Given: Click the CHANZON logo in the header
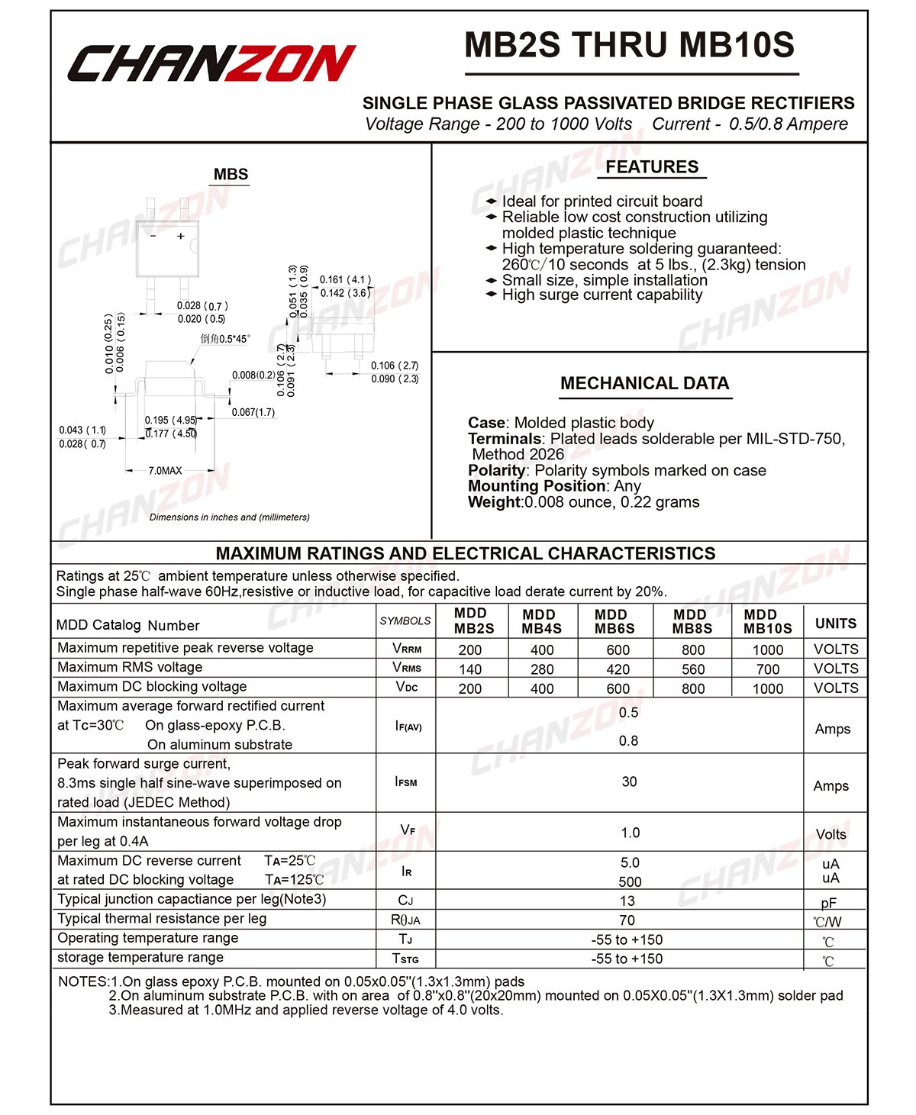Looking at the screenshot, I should (x=211, y=63).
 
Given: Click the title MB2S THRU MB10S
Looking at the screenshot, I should (x=630, y=45).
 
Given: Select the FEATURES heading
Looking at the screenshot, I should (x=652, y=167).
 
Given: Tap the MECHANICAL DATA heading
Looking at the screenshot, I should (x=644, y=383).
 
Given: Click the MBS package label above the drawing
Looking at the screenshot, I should (x=231, y=175).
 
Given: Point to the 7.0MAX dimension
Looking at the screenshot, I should (x=165, y=471).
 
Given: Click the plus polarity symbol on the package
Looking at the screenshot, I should (x=181, y=237).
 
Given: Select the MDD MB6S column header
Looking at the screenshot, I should (x=614, y=621).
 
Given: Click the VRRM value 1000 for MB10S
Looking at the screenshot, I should (x=767, y=649).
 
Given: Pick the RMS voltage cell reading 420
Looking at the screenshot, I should (x=618, y=669).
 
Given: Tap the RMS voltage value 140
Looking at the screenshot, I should (x=470, y=669).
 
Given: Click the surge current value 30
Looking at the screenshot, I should (x=629, y=781).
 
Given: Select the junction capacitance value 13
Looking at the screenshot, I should (x=627, y=901).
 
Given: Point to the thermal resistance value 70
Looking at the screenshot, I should (x=627, y=920).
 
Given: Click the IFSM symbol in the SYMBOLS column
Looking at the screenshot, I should (x=406, y=781).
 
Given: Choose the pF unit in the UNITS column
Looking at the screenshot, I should (x=829, y=903).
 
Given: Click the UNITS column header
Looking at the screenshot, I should (x=836, y=624).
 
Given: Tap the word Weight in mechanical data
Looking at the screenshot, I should (x=494, y=502).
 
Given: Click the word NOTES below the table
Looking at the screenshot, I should (x=82, y=981).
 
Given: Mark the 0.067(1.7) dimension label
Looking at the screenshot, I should (x=253, y=413).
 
